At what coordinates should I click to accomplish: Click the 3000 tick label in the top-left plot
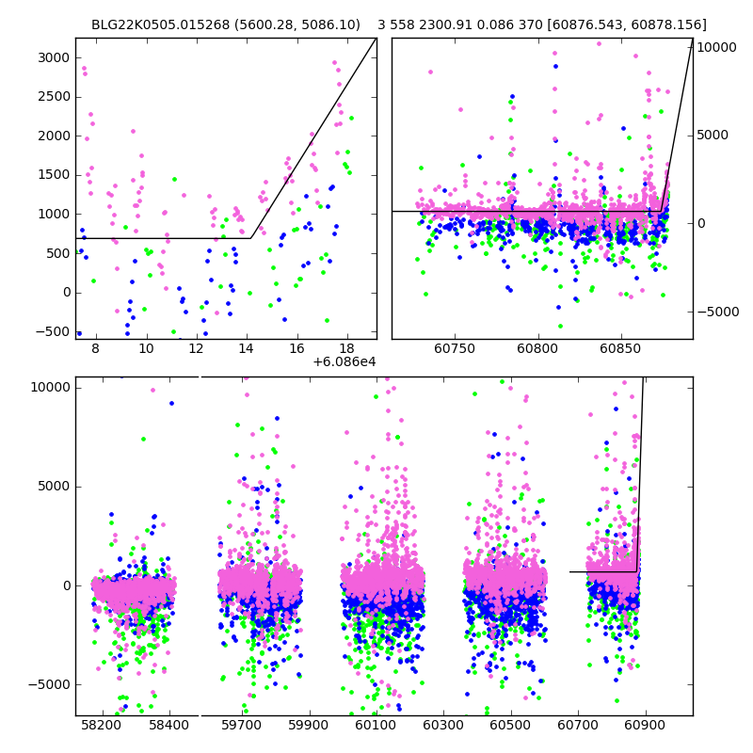[x=52, y=57]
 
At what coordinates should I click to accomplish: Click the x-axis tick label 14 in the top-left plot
[x=247, y=349]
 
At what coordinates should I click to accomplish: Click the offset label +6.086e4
[x=344, y=361]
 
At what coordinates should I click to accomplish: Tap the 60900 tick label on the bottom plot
[x=645, y=726]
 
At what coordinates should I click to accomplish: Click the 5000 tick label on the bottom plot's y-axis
[x=53, y=487]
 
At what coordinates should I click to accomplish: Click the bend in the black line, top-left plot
[x=250, y=238]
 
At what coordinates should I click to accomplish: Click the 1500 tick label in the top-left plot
[x=52, y=175]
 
